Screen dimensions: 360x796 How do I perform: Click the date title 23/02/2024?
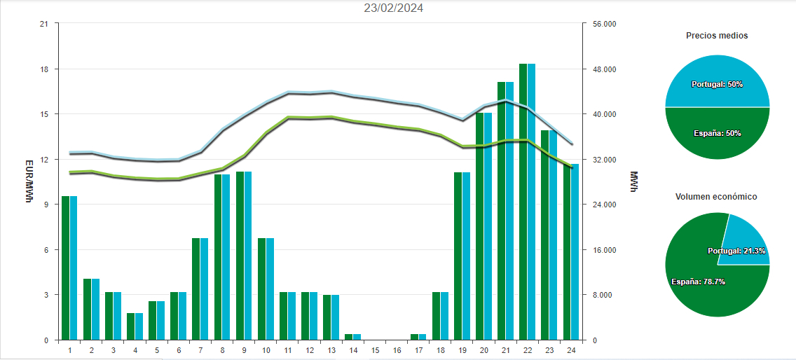(393, 8)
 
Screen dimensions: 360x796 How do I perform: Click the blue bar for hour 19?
(466, 256)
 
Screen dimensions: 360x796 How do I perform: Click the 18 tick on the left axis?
(44, 69)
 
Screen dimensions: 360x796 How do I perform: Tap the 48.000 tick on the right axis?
(604, 69)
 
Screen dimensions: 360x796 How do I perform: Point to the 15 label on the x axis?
(375, 350)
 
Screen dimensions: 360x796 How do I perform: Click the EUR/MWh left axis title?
(29, 182)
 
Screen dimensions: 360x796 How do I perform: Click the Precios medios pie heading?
(717, 36)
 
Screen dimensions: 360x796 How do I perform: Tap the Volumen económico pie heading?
(716, 198)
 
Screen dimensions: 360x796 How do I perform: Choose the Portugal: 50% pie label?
(717, 84)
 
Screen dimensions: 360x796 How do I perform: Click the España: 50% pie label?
(717, 133)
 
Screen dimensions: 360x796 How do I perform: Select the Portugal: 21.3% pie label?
(736, 251)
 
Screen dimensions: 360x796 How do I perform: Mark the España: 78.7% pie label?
(698, 282)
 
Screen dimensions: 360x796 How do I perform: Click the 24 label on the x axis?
(571, 350)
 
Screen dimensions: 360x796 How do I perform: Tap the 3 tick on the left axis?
(46, 295)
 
